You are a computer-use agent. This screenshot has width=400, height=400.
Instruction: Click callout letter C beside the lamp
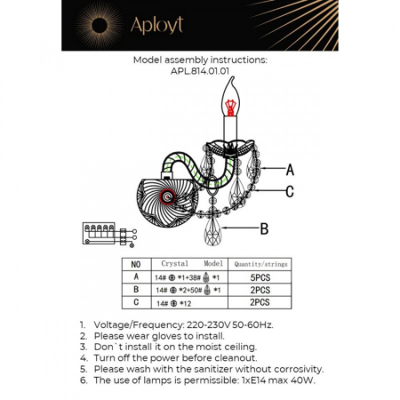290,191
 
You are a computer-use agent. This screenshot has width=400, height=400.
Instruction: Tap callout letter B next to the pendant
264,229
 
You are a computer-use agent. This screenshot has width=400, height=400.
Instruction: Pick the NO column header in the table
136,264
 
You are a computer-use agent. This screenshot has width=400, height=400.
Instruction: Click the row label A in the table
136,276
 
